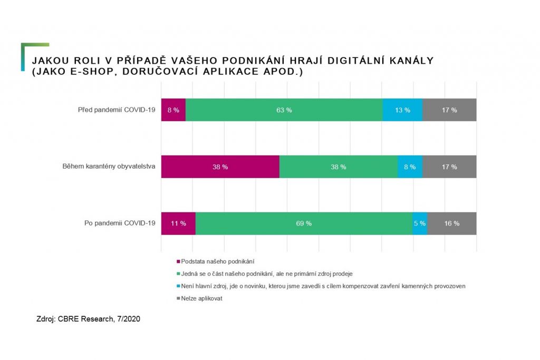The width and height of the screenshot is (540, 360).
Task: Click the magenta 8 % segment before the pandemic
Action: pos(173,110)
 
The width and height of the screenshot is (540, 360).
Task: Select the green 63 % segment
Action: pos(284,110)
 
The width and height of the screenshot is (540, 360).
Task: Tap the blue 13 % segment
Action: pos(402,110)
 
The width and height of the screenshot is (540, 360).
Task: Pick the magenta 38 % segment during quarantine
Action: pos(220,167)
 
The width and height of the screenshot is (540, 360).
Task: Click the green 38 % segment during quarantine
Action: pos(338,167)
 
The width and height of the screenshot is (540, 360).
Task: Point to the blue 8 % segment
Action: pos(410,167)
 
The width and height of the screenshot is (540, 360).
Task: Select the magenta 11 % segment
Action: pos(178,223)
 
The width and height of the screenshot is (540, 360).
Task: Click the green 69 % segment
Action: pos(304,223)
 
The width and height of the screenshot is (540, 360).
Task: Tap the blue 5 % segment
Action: pos(420,223)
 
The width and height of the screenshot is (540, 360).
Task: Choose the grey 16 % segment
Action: pos(452,223)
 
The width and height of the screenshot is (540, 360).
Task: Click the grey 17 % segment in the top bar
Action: pos(449,110)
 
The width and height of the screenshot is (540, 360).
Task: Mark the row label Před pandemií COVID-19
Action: pos(117,110)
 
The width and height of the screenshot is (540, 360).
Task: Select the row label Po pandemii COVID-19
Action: pos(120,223)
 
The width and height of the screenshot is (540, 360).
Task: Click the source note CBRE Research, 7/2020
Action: pos(88,318)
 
